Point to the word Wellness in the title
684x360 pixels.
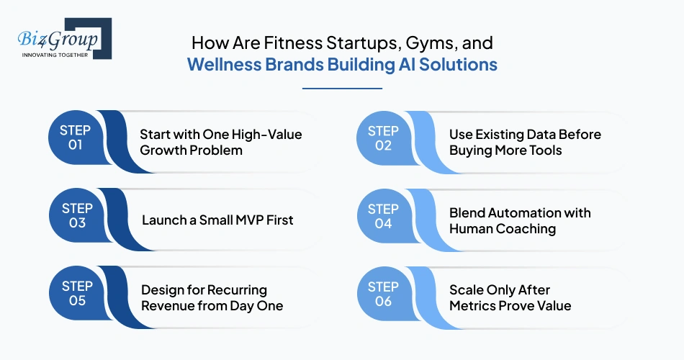pyautogui.click(x=218, y=64)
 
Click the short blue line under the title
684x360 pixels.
pyautogui.click(x=342, y=89)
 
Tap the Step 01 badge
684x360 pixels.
pyautogui.click(x=76, y=138)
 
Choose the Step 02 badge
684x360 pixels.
pyautogui.click(x=383, y=138)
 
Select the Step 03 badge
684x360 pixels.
pyautogui.click(x=76, y=216)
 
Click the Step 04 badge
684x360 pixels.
pyautogui.click(x=383, y=216)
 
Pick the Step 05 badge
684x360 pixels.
pyautogui.click(x=76, y=294)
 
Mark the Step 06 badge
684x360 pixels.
pyautogui.click(x=383, y=294)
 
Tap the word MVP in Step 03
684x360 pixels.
pyautogui.click(x=235, y=220)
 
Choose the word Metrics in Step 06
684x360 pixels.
pyautogui.click(x=474, y=305)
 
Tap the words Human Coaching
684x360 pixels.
pyautogui.click(x=503, y=228)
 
